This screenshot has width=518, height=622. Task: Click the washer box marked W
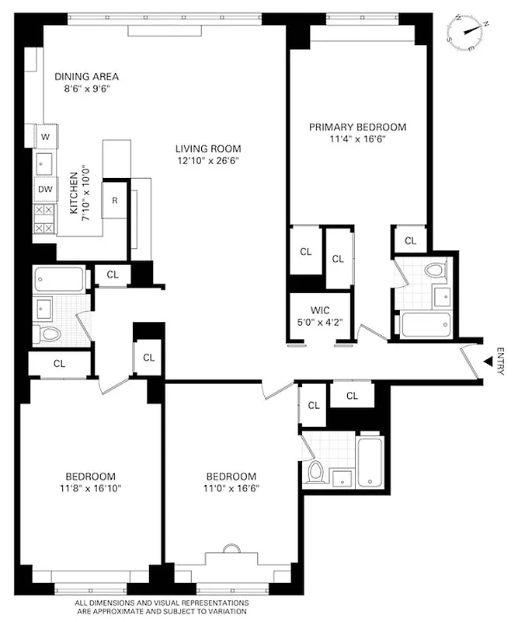click(x=45, y=137)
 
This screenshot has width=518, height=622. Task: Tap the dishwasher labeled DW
click(x=45, y=189)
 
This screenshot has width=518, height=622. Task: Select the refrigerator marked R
click(x=115, y=201)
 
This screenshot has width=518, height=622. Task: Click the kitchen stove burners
click(x=45, y=218)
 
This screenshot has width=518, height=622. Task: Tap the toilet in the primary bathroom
click(x=435, y=271)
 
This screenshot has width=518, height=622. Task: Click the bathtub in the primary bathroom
click(x=426, y=323)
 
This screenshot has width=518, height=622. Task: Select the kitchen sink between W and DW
click(x=45, y=163)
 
